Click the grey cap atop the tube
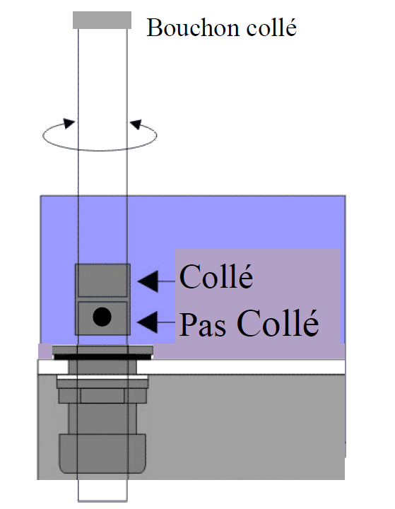102,20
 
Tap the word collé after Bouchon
271,27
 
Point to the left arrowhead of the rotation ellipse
69,123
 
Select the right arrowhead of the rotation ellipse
136,124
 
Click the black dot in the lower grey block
102,317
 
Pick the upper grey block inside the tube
102,281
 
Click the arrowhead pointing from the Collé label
148,281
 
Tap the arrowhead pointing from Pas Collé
148,322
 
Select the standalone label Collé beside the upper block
216,276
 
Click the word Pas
203,324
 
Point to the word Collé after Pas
278,322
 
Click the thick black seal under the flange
102,357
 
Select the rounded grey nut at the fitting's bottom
102,453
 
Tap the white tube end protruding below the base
102,491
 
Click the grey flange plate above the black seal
102,350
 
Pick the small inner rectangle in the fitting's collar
102,395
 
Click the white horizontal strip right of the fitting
241,366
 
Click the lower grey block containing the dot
102,318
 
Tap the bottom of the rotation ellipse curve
99,150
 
